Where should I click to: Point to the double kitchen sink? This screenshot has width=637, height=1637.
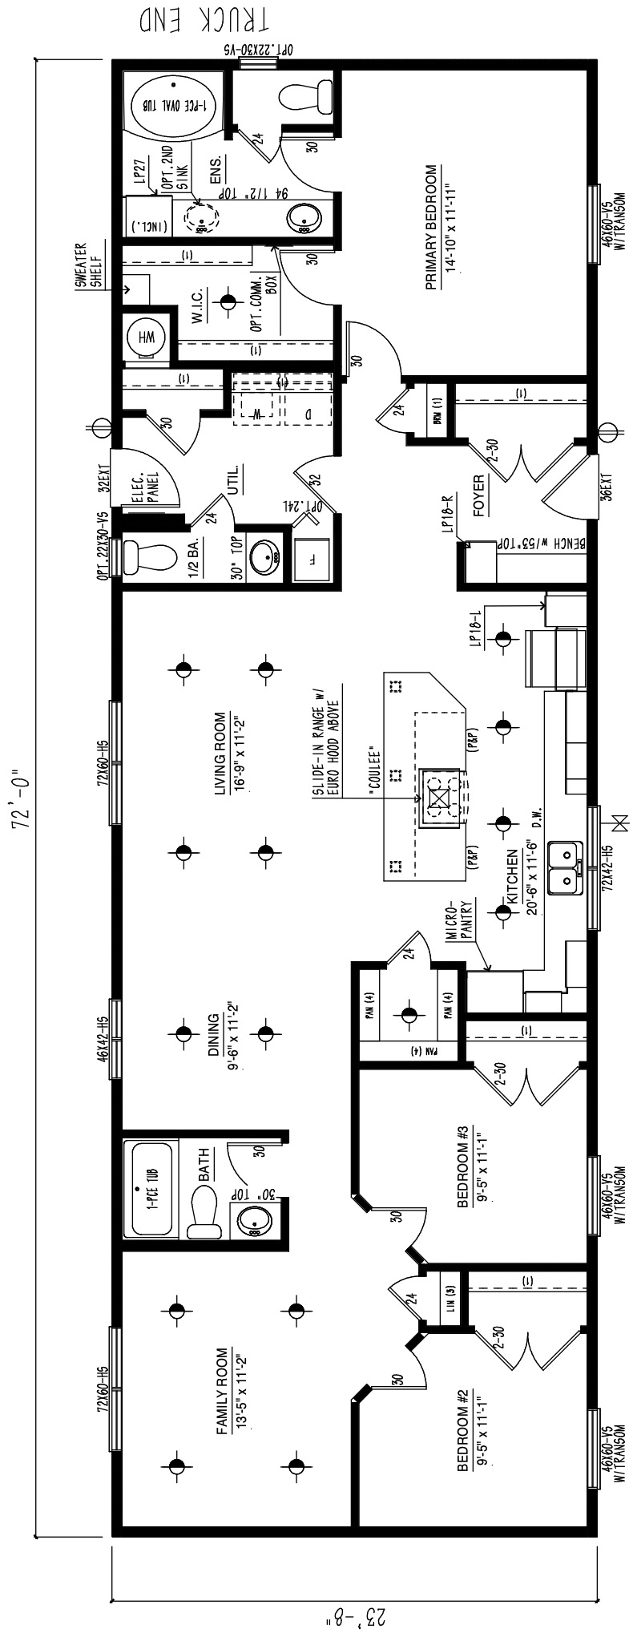[565, 867]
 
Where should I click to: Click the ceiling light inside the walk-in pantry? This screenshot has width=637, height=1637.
[409, 1015]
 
